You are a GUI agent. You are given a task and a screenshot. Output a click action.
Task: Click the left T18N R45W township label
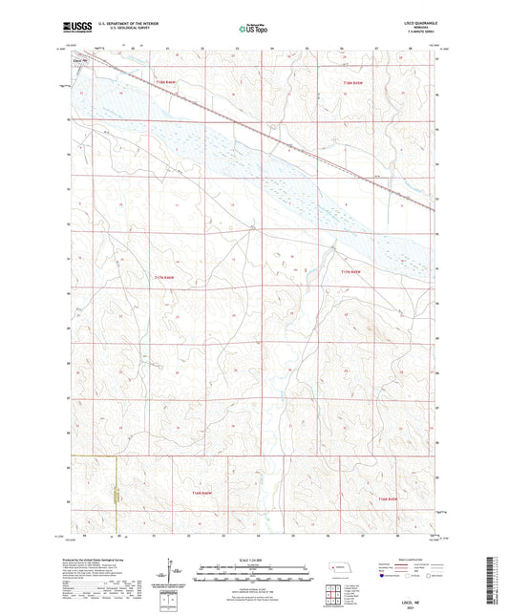(x=164, y=83)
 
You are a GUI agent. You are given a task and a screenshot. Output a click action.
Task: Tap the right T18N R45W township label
(x=354, y=83)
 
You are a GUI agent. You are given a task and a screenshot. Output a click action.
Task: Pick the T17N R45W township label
(x=354, y=272)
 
